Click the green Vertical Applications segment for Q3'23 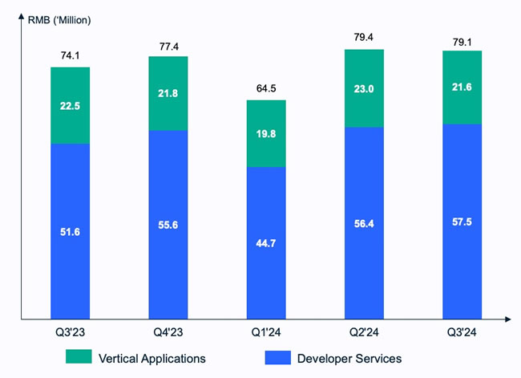(x=70, y=105)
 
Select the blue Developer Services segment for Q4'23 (x=168, y=224)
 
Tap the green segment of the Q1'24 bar (x=266, y=133)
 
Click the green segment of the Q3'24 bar (x=462, y=87)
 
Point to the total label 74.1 (x=70, y=55)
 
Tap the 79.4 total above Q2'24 (x=364, y=38)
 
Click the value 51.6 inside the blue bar (x=70, y=233)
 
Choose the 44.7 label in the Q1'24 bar (x=266, y=244)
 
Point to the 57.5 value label (x=462, y=222)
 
